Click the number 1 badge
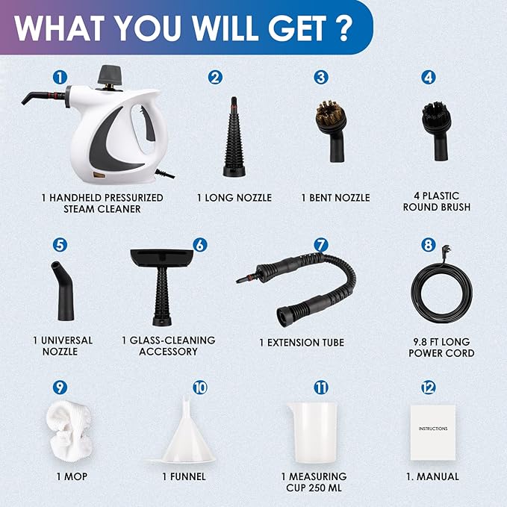click(60, 76)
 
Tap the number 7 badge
click(320, 244)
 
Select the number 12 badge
click(428, 387)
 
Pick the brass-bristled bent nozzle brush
click(329, 126)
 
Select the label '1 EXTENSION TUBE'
click(302, 343)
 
